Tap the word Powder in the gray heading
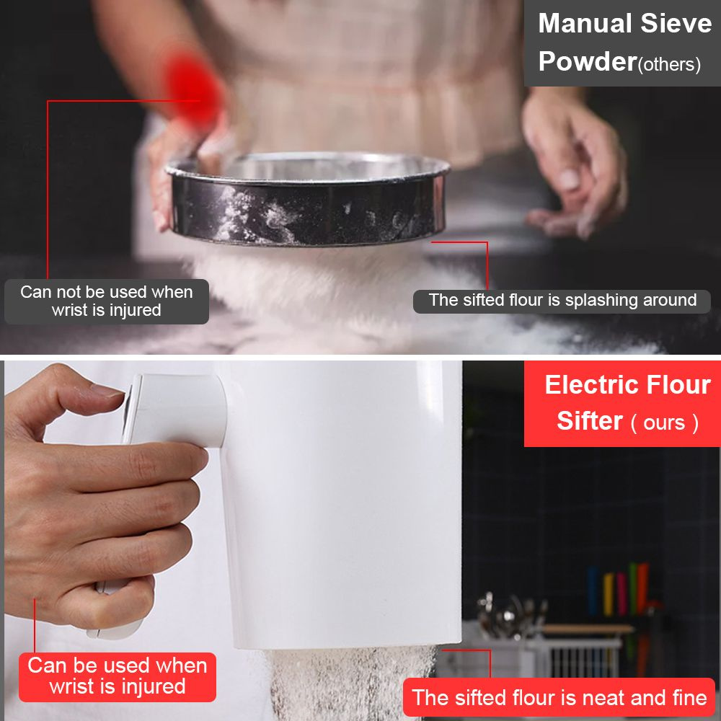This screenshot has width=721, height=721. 587,61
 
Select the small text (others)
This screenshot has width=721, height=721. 669,64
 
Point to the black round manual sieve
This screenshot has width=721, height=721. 307,199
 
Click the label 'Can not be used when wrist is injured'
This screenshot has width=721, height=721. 106,301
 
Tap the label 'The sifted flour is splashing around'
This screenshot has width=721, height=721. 562,300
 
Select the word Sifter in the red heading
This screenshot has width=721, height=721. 590,421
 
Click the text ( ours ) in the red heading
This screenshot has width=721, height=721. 665,423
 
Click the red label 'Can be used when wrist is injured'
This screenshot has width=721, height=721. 118,676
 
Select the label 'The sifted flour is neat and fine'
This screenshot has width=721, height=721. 559,697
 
